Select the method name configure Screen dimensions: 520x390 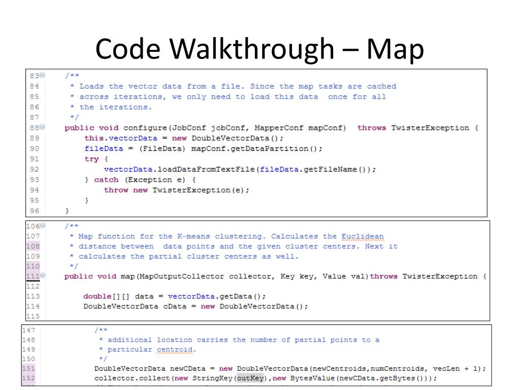147,128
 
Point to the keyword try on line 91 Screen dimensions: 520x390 91,159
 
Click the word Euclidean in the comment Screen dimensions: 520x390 363,236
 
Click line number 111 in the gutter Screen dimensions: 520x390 32,276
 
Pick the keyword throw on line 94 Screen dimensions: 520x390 116,190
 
